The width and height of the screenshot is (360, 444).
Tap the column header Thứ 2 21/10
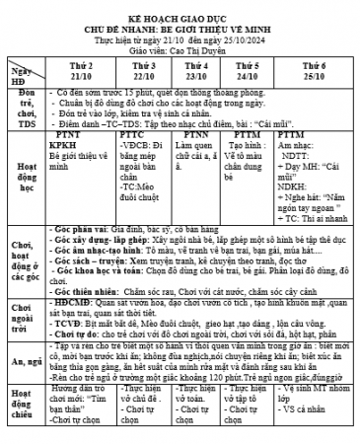82,70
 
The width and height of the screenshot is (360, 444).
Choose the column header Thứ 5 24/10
248,70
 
